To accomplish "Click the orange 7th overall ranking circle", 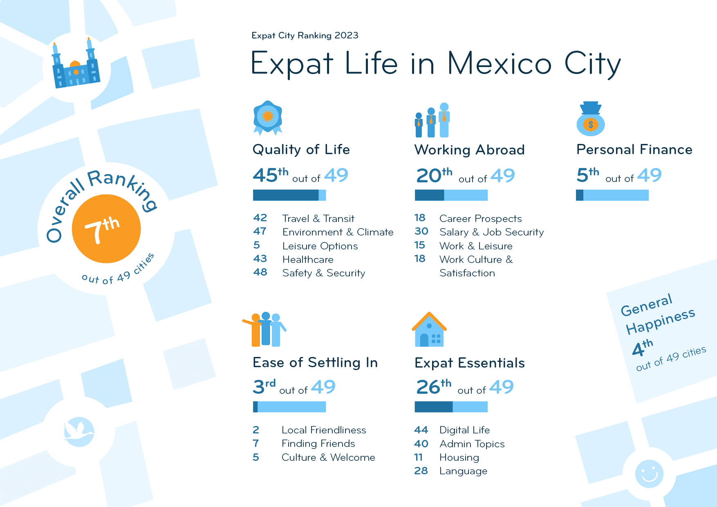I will pyautogui.click(x=106, y=229).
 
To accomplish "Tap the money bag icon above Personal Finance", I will pyautogui.click(x=590, y=119).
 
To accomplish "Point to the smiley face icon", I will pyautogui.click(x=649, y=474).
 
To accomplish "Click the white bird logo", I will pyautogui.click(x=79, y=432).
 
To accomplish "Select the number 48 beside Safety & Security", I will pyautogui.click(x=260, y=272).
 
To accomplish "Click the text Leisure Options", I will pyautogui.click(x=320, y=246).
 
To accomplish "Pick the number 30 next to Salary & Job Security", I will pyautogui.click(x=421, y=231).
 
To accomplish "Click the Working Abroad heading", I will pyautogui.click(x=469, y=150).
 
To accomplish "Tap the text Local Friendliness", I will pyautogui.click(x=324, y=430).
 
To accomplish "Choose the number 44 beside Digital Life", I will pyautogui.click(x=421, y=430).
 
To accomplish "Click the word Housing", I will pyautogui.click(x=459, y=458).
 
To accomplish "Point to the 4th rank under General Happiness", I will pyautogui.click(x=642, y=348).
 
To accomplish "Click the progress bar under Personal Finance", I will pyautogui.click(x=612, y=195).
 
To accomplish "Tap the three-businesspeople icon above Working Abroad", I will pyautogui.click(x=432, y=120).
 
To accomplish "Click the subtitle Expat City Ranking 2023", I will pyautogui.click(x=305, y=36).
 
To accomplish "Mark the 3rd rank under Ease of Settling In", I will pyautogui.click(x=264, y=387).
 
